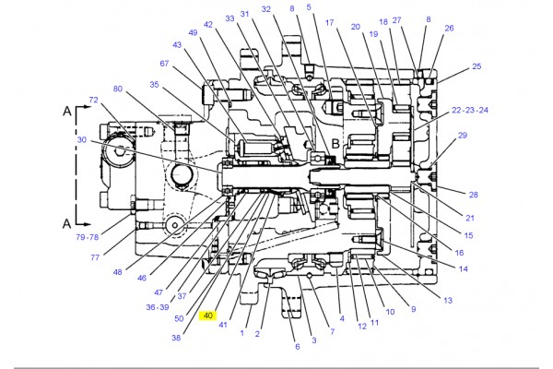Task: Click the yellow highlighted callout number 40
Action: (208, 315)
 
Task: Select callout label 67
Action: (164, 64)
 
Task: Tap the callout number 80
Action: (118, 89)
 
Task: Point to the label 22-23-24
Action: (470, 110)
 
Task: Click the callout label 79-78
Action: (88, 237)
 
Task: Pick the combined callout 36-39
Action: (158, 307)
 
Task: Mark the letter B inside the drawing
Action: (335, 144)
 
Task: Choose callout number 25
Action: (477, 66)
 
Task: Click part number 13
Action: (448, 300)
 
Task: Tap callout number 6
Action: (298, 347)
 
